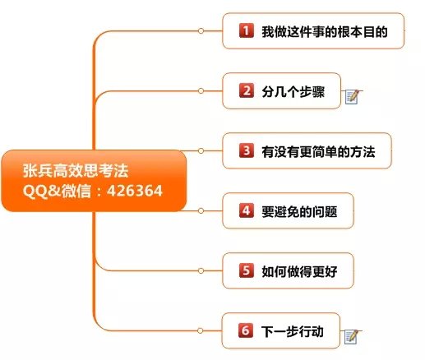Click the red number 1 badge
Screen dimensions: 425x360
click(246, 30)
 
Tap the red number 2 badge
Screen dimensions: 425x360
click(246, 90)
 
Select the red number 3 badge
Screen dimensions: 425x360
click(246, 150)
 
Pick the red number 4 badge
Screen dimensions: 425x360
click(246, 210)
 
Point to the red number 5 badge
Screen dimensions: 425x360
click(246, 270)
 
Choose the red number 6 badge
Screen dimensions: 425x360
click(246, 330)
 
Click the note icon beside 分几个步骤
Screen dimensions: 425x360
click(352, 97)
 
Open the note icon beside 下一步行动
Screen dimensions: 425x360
click(352, 337)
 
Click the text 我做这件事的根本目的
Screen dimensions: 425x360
click(325, 31)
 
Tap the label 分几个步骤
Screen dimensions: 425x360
click(293, 91)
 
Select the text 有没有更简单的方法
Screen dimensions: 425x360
click(318, 151)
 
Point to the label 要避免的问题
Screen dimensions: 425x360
click(299, 211)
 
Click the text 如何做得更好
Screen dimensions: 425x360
click(299, 271)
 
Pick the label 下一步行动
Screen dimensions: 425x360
click(293, 331)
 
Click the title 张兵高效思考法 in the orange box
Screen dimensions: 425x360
click(76, 170)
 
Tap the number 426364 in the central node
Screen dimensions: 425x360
click(135, 191)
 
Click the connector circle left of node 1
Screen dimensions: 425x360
click(201, 31)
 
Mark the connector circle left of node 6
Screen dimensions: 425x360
click(201, 330)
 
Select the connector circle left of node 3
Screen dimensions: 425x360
click(201, 150)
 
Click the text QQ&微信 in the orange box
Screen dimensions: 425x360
click(57, 191)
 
